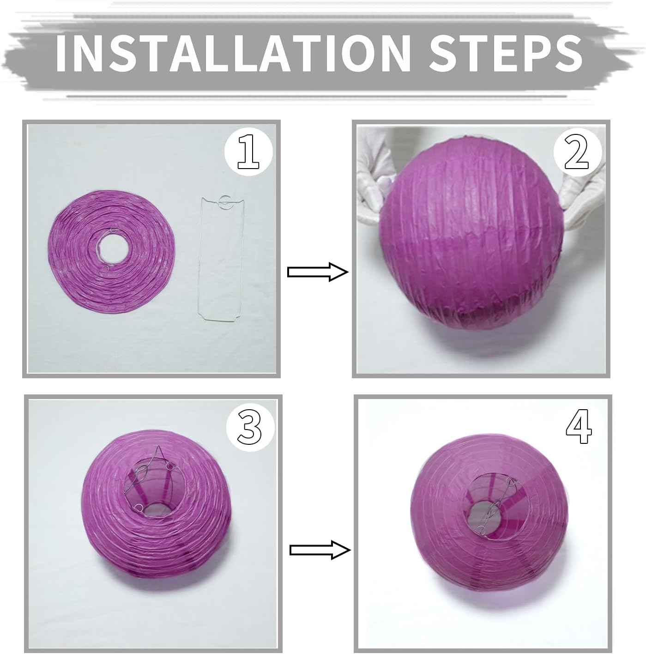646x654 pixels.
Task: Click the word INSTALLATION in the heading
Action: (233, 53)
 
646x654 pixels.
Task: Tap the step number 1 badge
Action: (249, 151)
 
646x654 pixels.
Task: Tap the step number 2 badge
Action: (577, 152)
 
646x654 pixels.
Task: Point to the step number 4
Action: (579, 426)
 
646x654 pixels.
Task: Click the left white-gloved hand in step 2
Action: (374, 176)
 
